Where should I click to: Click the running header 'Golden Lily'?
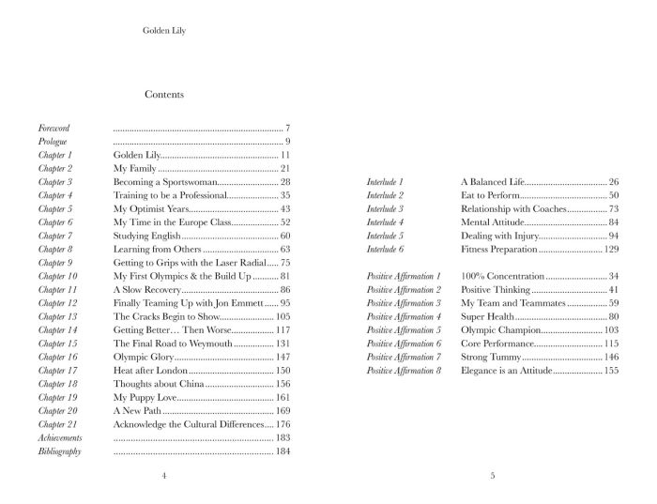pos(163,30)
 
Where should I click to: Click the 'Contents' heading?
pos(164,95)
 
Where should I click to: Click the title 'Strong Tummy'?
pos(490,358)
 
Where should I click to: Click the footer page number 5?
pos(492,477)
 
